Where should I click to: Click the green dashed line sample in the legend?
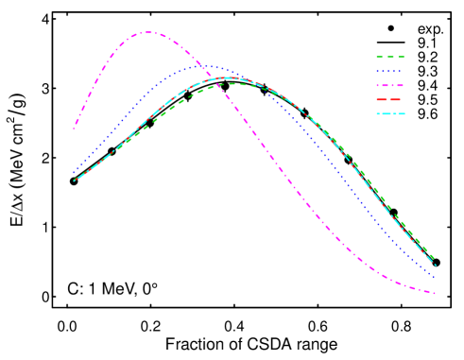(x=390, y=57)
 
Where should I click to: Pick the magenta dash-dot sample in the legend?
(x=390, y=85)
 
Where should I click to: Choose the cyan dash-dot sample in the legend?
(x=390, y=113)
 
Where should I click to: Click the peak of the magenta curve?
(x=148, y=32)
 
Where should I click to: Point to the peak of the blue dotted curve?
(x=206, y=66)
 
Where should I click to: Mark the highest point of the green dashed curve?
(x=232, y=84)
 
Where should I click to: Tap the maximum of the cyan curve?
(x=227, y=77)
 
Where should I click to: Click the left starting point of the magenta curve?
(x=75, y=127)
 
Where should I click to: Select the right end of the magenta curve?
(x=435, y=293)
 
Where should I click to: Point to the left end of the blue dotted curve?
(x=75, y=172)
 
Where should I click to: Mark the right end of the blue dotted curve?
(x=435, y=278)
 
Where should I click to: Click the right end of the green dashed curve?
(x=435, y=261)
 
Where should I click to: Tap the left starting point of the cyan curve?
(x=75, y=180)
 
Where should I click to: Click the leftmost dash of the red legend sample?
(x=381, y=99)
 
